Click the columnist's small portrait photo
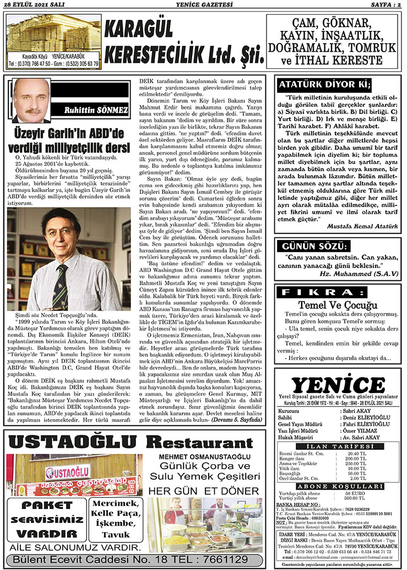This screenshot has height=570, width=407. [31, 100]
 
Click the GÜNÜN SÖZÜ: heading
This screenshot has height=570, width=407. [317, 246]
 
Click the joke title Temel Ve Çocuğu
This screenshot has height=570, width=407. [337, 305]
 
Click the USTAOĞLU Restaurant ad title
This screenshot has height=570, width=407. [123, 443]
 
